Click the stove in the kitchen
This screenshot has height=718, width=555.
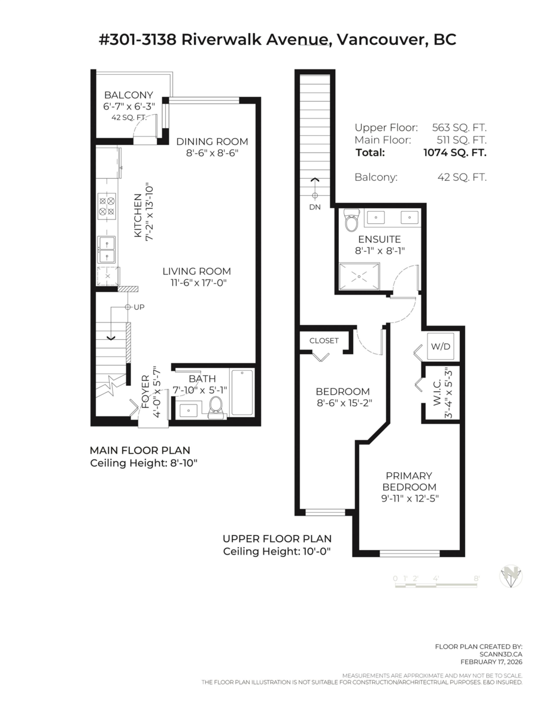point(107,206)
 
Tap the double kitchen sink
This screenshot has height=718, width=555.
point(107,250)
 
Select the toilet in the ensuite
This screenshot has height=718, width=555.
point(352,221)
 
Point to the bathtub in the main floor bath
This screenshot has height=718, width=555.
point(242,392)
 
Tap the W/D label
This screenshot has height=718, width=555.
point(442,346)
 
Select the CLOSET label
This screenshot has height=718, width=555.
point(324,340)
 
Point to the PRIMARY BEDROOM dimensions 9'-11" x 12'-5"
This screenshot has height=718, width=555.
point(410,498)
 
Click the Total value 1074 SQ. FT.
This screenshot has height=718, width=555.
point(455,153)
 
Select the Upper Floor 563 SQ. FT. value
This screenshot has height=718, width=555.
point(459,127)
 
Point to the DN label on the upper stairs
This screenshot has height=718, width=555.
point(315,206)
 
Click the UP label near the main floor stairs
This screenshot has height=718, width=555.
point(138,307)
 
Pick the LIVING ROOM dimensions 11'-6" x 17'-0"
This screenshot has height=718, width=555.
point(196,282)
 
